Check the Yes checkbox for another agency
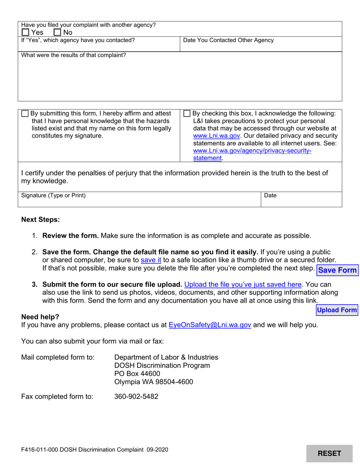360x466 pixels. click(x=25, y=33)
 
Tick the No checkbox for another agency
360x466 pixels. click(x=58, y=33)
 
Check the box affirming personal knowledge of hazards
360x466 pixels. click(x=25, y=114)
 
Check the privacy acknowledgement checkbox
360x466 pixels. click(x=187, y=114)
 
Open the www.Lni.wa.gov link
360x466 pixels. click(x=216, y=136)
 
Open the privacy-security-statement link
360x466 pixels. click(x=252, y=151)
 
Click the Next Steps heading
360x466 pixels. click(x=41, y=220)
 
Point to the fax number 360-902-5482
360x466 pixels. click(x=136, y=397)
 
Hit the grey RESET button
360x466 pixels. click(x=329, y=453)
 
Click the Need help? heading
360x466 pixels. click(x=40, y=317)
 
